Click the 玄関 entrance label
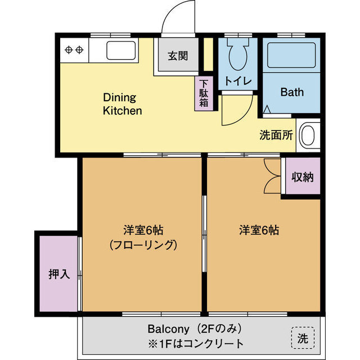click(x=177, y=56)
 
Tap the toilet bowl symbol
click(x=237, y=54)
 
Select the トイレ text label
click(x=237, y=80)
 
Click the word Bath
click(x=292, y=92)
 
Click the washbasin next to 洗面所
click(x=308, y=135)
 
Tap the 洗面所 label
click(x=276, y=135)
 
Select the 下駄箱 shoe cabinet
click(x=204, y=94)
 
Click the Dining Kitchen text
click(x=122, y=104)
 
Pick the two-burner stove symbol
click(x=74, y=49)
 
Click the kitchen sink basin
click(x=121, y=50)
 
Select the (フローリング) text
click(x=143, y=245)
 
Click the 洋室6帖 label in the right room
click(x=259, y=230)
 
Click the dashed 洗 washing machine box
click(x=303, y=337)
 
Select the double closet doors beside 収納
click(x=271, y=176)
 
